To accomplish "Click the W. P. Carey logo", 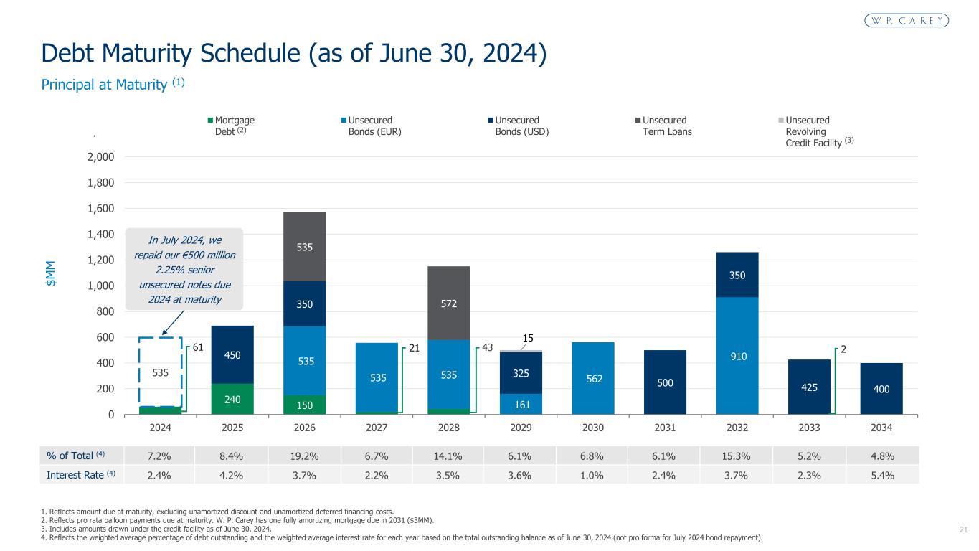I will point(905,20).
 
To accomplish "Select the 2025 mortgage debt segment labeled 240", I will point(232,399).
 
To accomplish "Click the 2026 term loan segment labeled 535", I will point(305,247).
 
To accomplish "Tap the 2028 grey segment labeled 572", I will point(449,303).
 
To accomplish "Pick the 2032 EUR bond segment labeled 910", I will point(737,355).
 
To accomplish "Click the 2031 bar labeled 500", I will point(665,382).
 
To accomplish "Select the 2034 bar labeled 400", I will point(881,389).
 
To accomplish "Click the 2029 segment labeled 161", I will point(521,404).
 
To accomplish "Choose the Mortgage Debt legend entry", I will point(232,126).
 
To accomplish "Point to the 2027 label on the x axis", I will point(377,428).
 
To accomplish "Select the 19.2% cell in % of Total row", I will point(305,456).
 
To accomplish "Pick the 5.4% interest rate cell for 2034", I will point(881,474).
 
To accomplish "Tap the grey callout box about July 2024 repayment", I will point(184,268).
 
